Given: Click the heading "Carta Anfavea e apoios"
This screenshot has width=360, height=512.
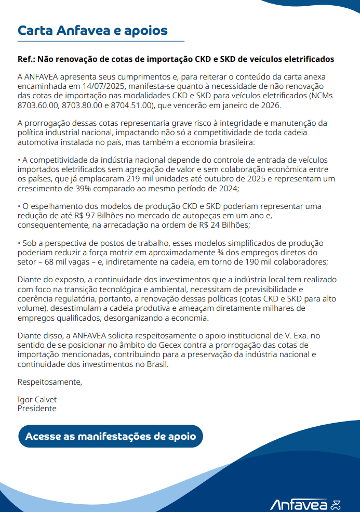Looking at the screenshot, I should [x=92, y=30].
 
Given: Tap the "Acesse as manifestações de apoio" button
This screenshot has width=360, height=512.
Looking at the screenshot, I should [x=110, y=436].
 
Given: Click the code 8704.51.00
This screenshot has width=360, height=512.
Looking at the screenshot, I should [x=132, y=106].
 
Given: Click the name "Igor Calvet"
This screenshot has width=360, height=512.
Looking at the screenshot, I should [x=37, y=399].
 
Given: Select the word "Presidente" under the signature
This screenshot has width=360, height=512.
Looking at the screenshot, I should [x=37, y=409].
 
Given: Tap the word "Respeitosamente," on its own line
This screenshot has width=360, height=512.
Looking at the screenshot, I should [x=50, y=382].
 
